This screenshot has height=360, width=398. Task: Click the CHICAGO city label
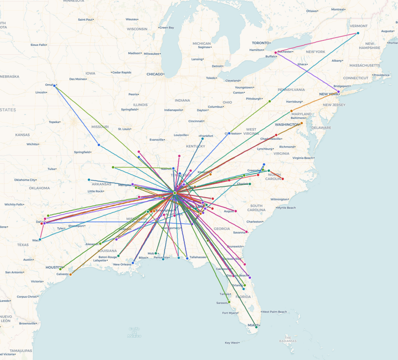pyautogui.click(x=155, y=74)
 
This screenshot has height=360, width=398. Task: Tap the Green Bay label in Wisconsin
pyautogui.click(x=167, y=28)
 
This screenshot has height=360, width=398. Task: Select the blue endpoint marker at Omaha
pyautogui.click(x=54, y=85)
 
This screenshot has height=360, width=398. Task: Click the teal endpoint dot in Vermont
pyautogui.click(x=358, y=33)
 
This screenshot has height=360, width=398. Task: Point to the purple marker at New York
pyautogui.click(x=339, y=92)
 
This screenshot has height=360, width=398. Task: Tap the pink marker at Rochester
pyautogui.click(x=276, y=52)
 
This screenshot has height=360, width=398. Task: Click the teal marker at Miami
pyautogui.click(x=256, y=327)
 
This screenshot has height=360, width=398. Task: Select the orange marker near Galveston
pyautogui.click(x=70, y=275)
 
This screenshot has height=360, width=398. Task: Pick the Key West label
pyautogui.click(x=231, y=343)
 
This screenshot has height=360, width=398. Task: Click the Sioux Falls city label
pyautogui.click(x=38, y=45)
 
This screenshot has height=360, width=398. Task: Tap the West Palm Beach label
pyautogui.click(x=274, y=312)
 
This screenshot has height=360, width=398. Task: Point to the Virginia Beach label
pyautogui.click(x=303, y=158)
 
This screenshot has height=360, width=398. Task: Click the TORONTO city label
pyautogui.click(x=260, y=43)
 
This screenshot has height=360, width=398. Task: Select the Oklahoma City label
pyautogui.click(x=25, y=180)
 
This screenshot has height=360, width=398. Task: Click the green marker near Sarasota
pyautogui.click(x=229, y=302)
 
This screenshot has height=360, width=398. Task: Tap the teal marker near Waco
pyautogui.click(x=40, y=239)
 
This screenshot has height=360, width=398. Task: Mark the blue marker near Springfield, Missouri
pyautogui.click(x=99, y=145)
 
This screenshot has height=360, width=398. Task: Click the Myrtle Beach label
pyautogui.click(x=286, y=208)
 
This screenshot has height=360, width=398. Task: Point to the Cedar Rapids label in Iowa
pyautogui.click(x=122, y=72)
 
